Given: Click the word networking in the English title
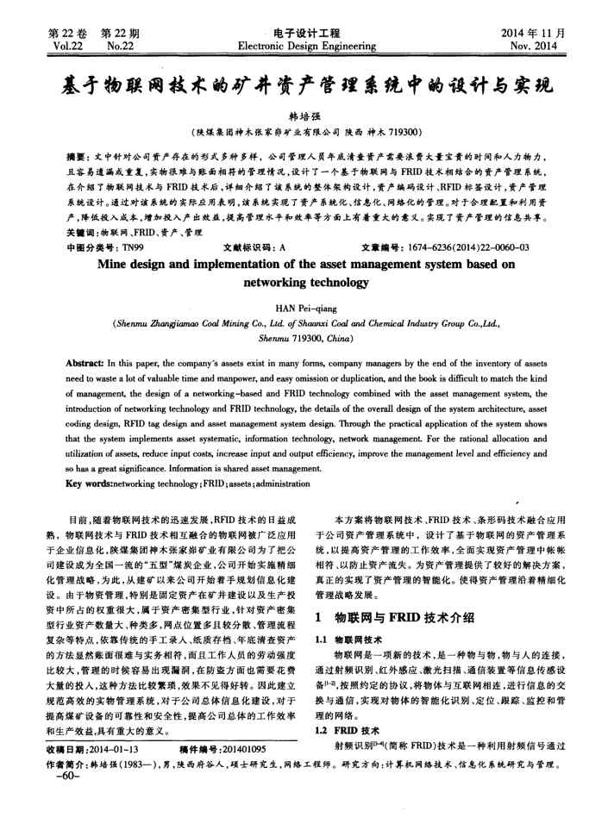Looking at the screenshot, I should [269, 282].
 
